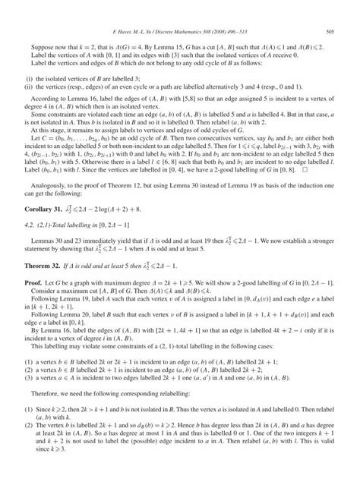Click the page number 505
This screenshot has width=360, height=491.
pyautogui.click(x=330, y=31)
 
